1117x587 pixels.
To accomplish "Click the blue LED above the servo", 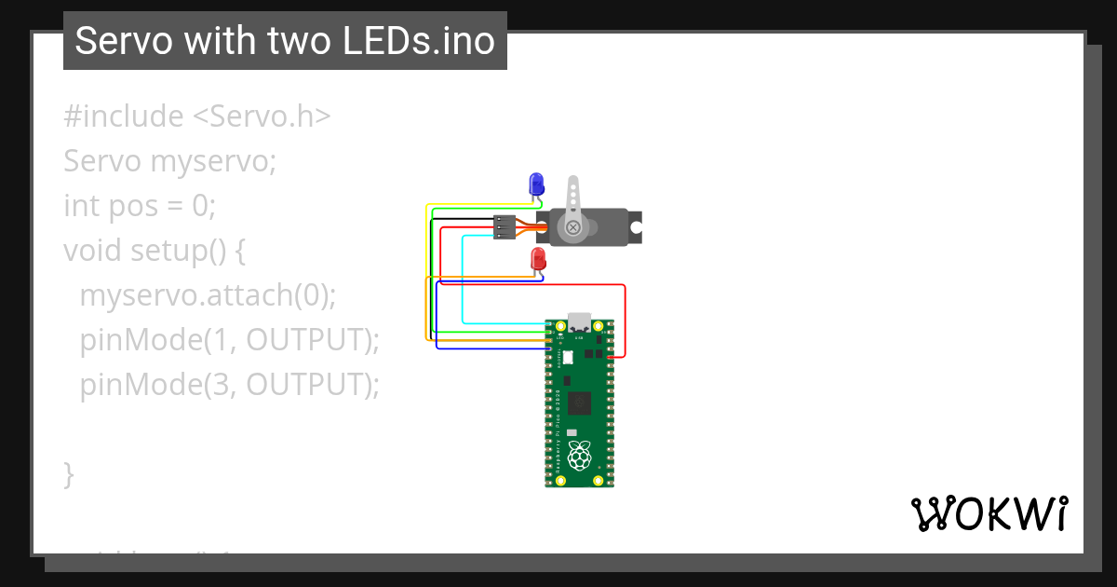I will pyautogui.click(x=536, y=184).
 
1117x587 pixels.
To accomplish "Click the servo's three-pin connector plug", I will pyautogui.click(x=505, y=227).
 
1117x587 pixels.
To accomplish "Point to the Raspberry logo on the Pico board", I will pyautogui.click(x=580, y=457).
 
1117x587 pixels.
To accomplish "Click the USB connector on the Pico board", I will pyautogui.click(x=579, y=321).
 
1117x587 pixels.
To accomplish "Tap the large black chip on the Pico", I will pyautogui.click(x=579, y=403).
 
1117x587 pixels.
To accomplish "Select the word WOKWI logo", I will pyautogui.click(x=989, y=513).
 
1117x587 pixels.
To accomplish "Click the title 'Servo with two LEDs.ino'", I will pyautogui.click(x=285, y=41).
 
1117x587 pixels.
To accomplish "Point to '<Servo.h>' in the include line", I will pyautogui.click(x=262, y=116).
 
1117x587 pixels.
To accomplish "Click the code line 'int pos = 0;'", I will pyautogui.click(x=140, y=205).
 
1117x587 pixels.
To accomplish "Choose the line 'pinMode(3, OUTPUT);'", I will pyautogui.click(x=229, y=384).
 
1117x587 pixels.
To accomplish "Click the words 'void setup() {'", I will pyautogui.click(x=154, y=250).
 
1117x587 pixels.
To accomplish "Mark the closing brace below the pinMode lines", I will pyautogui.click(x=68, y=472).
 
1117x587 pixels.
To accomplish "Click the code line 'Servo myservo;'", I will pyautogui.click(x=170, y=161).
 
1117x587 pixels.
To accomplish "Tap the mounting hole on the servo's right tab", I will pyautogui.click(x=635, y=226).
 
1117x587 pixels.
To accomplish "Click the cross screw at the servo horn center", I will pyautogui.click(x=573, y=226).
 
